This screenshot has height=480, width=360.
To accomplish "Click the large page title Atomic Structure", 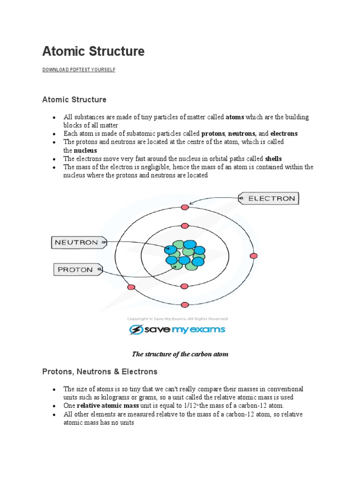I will [x=93, y=51].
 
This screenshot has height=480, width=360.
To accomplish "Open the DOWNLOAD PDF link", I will [x=60, y=70].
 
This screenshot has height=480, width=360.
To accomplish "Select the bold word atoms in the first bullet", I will [x=235, y=117].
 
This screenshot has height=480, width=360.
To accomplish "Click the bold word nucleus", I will [x=86, y=150].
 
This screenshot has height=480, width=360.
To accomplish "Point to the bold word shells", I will [x=273, y=158].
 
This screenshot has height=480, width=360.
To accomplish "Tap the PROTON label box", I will [x=75, y=270].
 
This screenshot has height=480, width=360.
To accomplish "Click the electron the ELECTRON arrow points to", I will [x=185, y=207].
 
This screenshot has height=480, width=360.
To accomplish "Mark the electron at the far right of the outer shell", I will [x=254, y=255].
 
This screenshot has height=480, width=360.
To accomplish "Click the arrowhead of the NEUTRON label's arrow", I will [x=168, y=249].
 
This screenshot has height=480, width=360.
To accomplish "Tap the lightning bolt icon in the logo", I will [x=136, y=330].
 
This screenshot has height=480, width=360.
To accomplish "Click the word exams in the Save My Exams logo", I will [x=208, y=330].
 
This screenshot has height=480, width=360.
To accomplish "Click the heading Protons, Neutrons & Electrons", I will [x=100, y=372].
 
